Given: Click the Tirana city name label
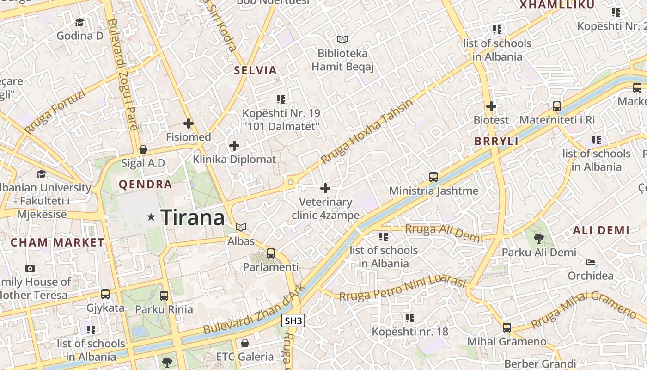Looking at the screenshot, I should [x=192, y=217].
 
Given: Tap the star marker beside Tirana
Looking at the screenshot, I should [x=151, y=216].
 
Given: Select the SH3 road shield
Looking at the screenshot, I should [x=293, y=321].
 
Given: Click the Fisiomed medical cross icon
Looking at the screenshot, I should [x=189, y=123].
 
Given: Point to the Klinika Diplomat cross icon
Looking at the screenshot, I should [x=234, y=146].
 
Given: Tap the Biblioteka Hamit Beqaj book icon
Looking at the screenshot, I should [x=342, y=40].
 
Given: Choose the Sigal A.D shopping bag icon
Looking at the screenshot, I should [x=143, y=149].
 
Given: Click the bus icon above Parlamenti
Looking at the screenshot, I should [x=271, y=253].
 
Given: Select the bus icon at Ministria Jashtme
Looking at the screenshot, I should [x=433, y=177].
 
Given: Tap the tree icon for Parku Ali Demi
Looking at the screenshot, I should [x=538, y=239].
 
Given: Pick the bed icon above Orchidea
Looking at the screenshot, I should [x=591, y=262].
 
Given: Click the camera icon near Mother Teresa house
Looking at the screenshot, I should [x=30, y=268].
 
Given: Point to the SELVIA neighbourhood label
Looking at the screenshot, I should [x=255, y=71].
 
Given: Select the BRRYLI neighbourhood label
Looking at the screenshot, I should [x=496, y=142].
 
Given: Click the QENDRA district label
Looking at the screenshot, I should [x=145, y=185].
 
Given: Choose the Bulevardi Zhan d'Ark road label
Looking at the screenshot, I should [x=254, y=309].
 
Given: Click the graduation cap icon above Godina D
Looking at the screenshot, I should [x=80, y=22].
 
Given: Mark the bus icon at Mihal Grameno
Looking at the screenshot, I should [x=507, y=328].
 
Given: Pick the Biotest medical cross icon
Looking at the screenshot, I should [x=491, y=106].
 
